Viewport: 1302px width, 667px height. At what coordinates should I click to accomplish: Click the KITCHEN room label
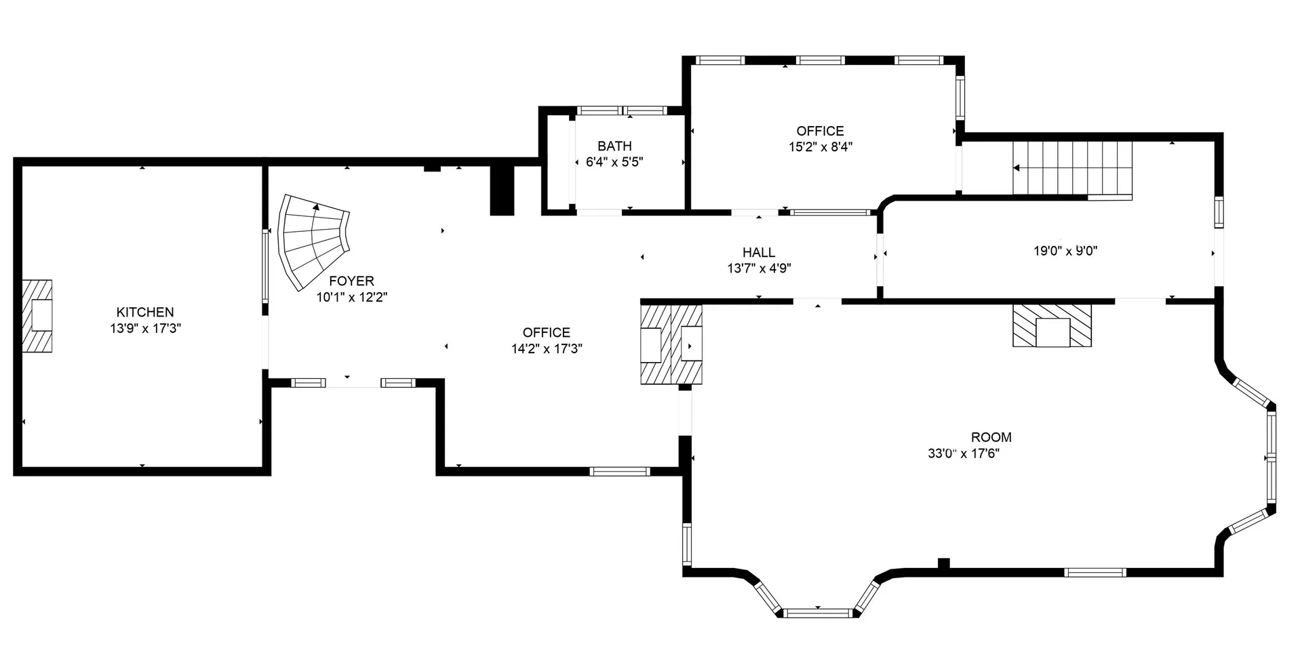(145, 312)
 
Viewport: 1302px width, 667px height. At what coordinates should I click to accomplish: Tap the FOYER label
(351, 281)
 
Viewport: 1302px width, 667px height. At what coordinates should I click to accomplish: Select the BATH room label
(614, 146)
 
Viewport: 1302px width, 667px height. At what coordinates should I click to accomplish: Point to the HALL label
(759, 253)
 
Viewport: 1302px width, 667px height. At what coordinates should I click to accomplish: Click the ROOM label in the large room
(991, 438)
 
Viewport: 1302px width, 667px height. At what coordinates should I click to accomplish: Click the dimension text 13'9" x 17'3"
(145, 329)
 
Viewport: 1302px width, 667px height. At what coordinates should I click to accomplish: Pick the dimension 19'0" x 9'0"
(1065, 251)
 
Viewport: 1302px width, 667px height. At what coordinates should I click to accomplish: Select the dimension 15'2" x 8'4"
(820, 146)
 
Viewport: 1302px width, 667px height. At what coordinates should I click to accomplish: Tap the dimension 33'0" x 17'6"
(964, 454)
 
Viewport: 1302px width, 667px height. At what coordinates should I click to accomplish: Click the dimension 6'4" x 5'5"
(614, 163)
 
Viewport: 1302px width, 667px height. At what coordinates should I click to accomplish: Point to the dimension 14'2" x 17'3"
(547, 349)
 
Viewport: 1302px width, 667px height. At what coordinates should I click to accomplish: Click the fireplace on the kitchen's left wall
(37, 316)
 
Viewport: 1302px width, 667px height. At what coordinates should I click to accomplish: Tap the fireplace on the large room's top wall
(1052, 325)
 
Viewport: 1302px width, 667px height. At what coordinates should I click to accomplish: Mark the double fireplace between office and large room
(671, 344)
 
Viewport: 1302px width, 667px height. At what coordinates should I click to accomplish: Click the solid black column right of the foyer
(502, 190)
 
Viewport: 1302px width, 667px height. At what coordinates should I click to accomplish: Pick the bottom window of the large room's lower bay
(817, 613)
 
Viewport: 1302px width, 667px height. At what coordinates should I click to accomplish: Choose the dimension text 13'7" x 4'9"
(759, 268)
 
